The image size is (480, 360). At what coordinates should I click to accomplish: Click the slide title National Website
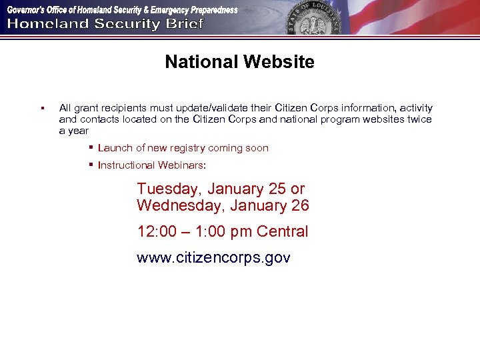[239, 63]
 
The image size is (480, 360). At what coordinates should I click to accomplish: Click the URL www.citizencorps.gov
[213, 258]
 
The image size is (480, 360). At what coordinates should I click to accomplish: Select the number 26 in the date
[300, 206]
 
